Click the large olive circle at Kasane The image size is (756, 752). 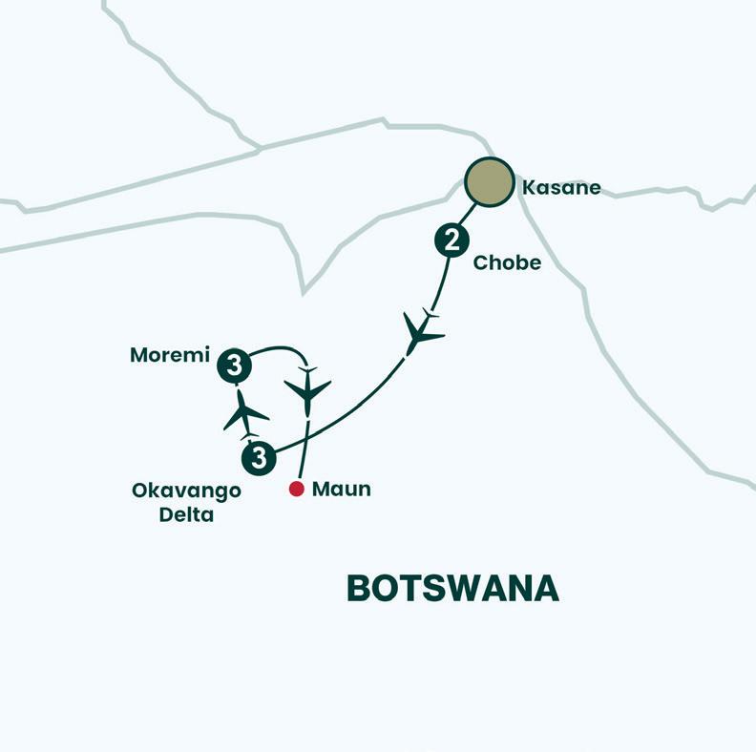(x=489, y=182)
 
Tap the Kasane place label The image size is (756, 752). (x=561, y=187)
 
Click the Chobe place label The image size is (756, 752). (x=508, y=262)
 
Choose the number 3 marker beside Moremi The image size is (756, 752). (x=235, y=365)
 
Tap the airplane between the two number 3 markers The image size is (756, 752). (x=245, y=414)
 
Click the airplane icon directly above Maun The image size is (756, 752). (x=307, y=389)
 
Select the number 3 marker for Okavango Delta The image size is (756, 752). (x=260, y=457)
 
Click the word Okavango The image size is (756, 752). (x=186, y=491)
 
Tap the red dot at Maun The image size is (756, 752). (x=297, y=489)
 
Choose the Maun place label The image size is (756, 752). (x=341, y=490)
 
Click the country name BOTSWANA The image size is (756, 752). (x=452, y=588)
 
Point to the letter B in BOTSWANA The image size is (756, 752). (x=358, y=588)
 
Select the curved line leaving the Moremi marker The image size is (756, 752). (x=277, y=349)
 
